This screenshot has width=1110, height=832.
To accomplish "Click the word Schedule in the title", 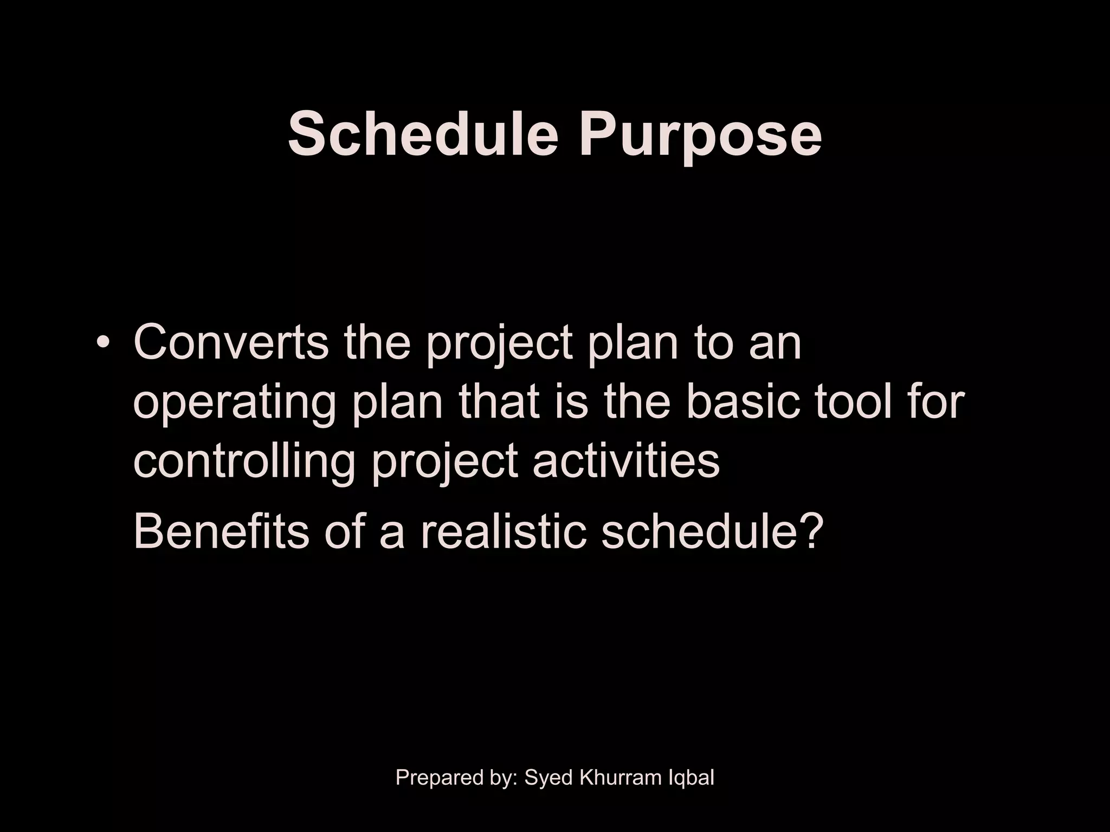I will click(x=423, y=133).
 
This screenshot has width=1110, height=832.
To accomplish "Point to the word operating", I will click(x=234, y=404).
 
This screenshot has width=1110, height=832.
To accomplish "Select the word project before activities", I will click(x=445, y=464).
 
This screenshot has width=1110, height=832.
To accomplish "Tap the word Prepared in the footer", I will click(x=439, y=778).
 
